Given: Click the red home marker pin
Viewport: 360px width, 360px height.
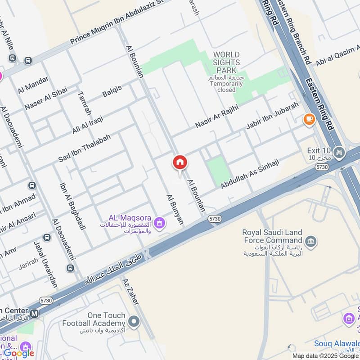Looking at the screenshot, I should pos(180,163).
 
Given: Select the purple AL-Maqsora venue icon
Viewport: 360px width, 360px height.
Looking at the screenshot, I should pos(158,222).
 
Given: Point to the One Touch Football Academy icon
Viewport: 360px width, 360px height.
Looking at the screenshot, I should pos(133,321).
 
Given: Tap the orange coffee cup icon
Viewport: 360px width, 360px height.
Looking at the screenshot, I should pos(309,119).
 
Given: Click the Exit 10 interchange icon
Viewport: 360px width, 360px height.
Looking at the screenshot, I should pos(339,151).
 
